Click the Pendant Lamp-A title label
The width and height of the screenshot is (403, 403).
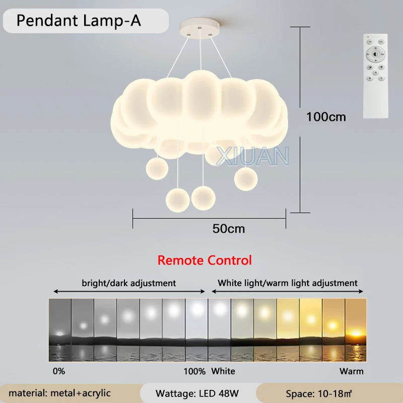coord(79,21)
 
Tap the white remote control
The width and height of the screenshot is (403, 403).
coord(375,76)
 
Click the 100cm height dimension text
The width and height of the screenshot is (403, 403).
coord(326,117)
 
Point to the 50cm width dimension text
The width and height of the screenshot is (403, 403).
coord(229,228)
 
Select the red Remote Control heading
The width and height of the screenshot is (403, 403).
coord(205,260)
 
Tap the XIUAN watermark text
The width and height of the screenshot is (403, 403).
coord(252,156)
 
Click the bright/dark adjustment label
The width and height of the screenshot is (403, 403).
coord(129,283)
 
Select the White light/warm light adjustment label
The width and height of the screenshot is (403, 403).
coord(288,283)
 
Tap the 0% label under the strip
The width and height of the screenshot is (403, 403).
coord(58,372)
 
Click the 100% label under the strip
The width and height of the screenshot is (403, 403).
coord(194,372)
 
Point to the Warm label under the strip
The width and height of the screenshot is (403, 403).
coord(352,372)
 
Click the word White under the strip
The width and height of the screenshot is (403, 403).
coord(223,372)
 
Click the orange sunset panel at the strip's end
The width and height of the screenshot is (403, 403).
coord(355,329)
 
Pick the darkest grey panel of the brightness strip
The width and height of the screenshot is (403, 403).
coord(59,329)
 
